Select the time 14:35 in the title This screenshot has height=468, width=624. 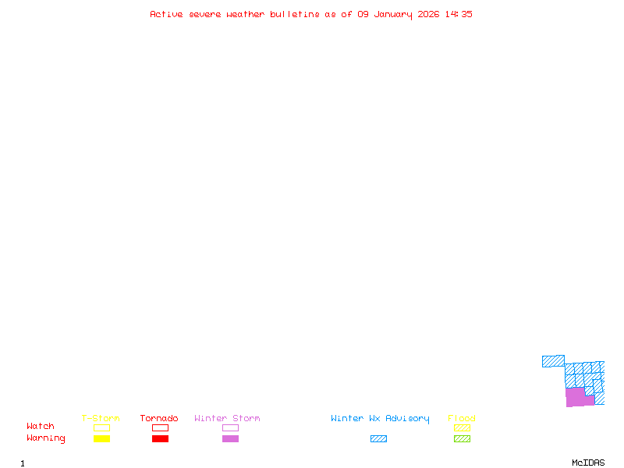pos(459,14)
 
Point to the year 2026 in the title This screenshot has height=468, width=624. pos(428,14)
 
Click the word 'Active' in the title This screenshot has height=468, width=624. pos(166,14)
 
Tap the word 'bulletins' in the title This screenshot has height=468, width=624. pos(294,14)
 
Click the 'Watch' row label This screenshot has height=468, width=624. pos(41,427)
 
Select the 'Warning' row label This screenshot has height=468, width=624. pos(46,438)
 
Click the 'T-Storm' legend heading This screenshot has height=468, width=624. pos(101,419)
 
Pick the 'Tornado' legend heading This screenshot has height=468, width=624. pos(159,419)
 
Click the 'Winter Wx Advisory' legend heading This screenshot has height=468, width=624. pos(380,419)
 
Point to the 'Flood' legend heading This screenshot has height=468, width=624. pos(462,419)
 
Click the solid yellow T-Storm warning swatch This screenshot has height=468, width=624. pos(101,438)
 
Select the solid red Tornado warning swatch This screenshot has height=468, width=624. pos(160,438)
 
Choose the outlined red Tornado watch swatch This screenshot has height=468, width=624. pos(160,427)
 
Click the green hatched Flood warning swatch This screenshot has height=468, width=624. pos(462,438)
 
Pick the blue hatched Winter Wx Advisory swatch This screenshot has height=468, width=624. pos(378,438)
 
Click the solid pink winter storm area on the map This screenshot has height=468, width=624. pos(576,397)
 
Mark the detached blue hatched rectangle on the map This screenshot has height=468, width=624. pos(553,361)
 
